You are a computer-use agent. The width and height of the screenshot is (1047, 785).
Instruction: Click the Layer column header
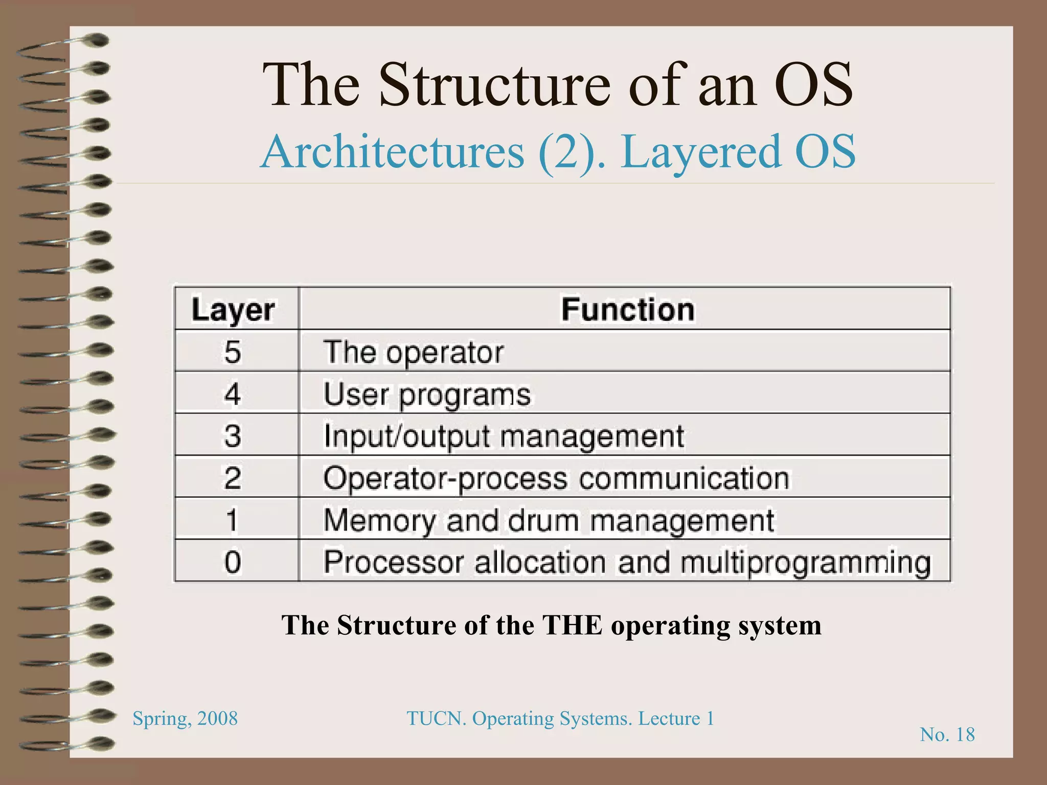(x=233, y=310)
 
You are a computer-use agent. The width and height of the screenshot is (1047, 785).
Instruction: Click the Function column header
(x=628, y=310)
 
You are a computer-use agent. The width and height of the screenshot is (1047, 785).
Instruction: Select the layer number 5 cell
(x=233, y=352)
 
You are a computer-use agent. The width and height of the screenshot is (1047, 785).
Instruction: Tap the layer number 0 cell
(x=233, y=562)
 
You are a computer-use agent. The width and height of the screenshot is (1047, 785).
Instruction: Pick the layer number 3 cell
(x=233, y=436)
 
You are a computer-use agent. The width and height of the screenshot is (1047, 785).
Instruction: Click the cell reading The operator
(x=413, y=352)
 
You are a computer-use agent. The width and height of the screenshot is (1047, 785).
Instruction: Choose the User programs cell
(x=427, y=395)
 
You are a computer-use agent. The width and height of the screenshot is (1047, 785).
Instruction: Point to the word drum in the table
(x=543, y=520)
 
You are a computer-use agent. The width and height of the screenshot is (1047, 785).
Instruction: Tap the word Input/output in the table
(x=406, y=436)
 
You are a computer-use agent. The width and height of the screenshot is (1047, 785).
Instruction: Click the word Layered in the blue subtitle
(x=700, y=151)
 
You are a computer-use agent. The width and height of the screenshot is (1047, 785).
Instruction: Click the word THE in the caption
(x=572, y=625)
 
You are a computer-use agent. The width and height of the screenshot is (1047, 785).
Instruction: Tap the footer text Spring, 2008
(x=185, y=719)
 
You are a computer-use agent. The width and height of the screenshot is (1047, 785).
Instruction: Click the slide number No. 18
(x=947, y=734)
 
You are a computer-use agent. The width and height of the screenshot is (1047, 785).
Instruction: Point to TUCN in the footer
(x=436, y=719)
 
